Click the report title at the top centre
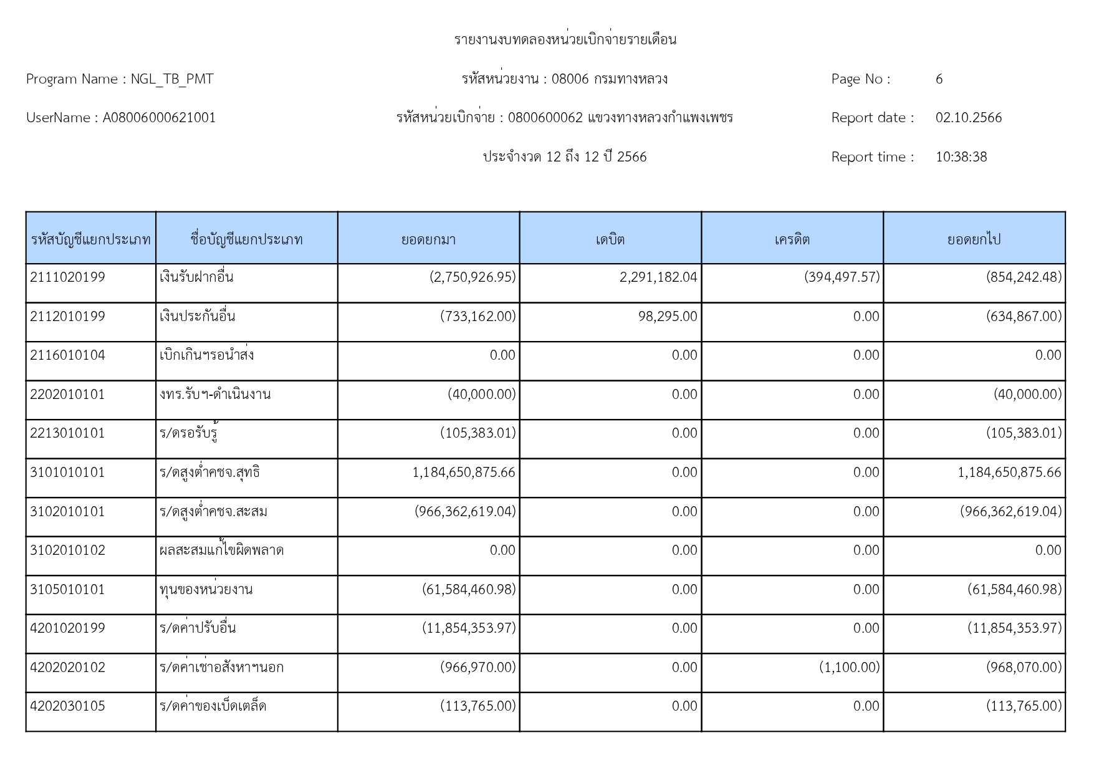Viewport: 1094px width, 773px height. [565, 40]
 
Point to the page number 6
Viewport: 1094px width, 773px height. [939, 79]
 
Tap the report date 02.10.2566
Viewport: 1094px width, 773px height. [968, 118]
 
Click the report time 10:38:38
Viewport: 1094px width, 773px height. [961, 157]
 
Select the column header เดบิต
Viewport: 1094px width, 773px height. [610, 239]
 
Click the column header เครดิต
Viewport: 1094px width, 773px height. [792, 239]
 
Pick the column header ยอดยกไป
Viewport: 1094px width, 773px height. [974, 239]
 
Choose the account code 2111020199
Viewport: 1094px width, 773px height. [67, 277]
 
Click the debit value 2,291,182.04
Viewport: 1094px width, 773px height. [658, 277]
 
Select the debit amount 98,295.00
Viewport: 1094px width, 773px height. [668, 317]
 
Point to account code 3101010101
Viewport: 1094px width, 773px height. [67, 473]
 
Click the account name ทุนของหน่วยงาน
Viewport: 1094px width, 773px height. [206, 590]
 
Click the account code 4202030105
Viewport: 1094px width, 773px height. [67, 706]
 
